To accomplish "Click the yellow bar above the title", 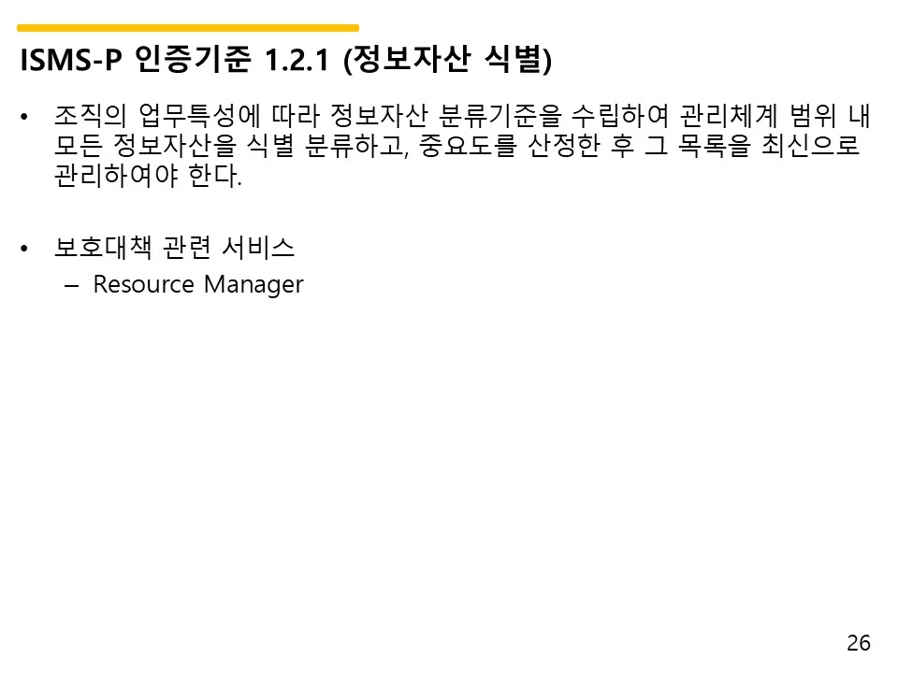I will (x=188, y=28).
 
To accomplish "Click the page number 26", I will (x=858, y=643).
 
